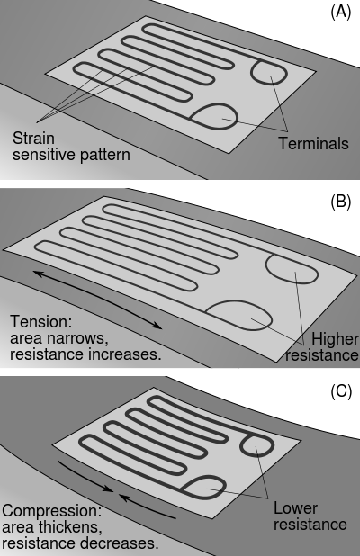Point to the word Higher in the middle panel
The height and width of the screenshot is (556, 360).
click(334, 338)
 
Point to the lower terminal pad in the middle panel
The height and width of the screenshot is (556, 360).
click(236, 314)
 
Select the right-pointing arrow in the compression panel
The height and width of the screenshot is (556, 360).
click(86, 480)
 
